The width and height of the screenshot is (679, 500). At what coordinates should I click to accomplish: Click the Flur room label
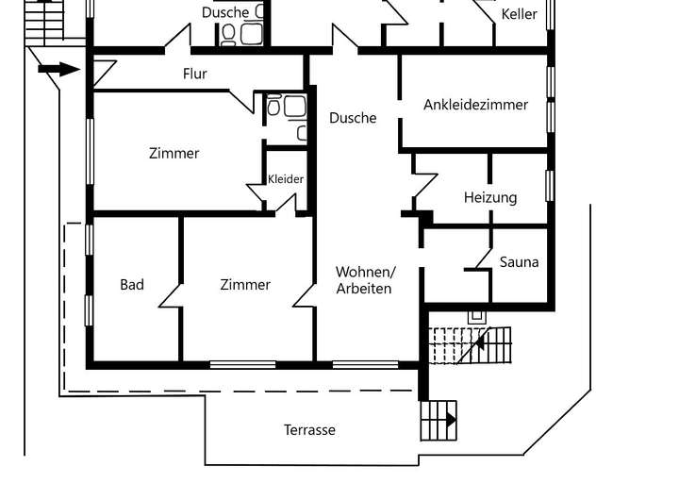195,74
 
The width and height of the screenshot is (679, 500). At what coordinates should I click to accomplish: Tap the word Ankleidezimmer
475,105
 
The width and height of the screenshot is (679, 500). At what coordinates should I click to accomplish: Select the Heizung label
490,197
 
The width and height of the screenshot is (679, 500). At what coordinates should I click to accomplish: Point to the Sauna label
519,262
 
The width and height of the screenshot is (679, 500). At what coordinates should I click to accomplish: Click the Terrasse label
309,430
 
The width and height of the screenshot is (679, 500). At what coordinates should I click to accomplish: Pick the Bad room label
132,285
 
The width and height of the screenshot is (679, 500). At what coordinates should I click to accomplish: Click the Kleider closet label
286,179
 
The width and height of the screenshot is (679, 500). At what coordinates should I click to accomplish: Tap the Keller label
519,14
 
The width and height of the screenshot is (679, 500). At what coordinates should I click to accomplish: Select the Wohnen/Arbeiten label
365,280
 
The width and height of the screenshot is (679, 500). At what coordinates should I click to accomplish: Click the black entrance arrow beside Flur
58,69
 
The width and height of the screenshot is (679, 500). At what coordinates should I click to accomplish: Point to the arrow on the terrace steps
451,420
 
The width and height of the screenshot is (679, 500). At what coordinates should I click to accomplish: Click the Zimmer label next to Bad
245,285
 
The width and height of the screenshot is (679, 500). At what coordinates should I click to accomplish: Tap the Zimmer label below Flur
174,154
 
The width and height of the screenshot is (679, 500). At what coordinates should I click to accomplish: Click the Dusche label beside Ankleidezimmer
353,118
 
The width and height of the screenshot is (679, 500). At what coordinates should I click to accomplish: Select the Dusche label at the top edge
225,12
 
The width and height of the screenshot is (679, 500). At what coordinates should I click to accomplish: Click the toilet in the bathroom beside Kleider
273,106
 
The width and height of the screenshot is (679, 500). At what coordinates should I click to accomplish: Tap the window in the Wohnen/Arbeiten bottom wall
365,365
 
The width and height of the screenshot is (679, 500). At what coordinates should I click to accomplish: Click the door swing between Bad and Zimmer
170,296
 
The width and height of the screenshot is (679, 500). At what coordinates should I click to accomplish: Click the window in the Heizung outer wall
550,186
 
